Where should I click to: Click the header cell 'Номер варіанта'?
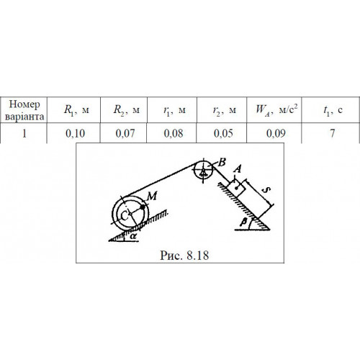[x=24, y=110]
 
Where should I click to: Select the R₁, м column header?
[x=73, y=110]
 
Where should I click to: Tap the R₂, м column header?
[x=124, y=110]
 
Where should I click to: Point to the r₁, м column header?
[x=172, y=110]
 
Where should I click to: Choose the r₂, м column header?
[x=222, y=110]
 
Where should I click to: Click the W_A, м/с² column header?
[x=274, y=110]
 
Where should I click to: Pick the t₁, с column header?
[x=330, y=110]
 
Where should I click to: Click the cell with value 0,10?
[x=73, y=133]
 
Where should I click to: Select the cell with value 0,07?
[x=124, y=133]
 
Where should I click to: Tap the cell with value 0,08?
[x=172, y=133]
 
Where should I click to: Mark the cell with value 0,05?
[x=222, y=133]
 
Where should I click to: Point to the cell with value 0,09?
[x=274, y=133]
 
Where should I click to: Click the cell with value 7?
[x=330, y=133]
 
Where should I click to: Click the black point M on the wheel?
[x=143, y=207]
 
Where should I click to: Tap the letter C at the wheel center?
[x=124, y=216]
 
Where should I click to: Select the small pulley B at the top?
[x=203, y=170]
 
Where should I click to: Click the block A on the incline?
[x=236, y=187]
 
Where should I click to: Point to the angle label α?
[x=133, y=236]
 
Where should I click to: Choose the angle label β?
[x=243, y=223]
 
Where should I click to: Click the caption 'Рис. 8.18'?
[x=184, y=256]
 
